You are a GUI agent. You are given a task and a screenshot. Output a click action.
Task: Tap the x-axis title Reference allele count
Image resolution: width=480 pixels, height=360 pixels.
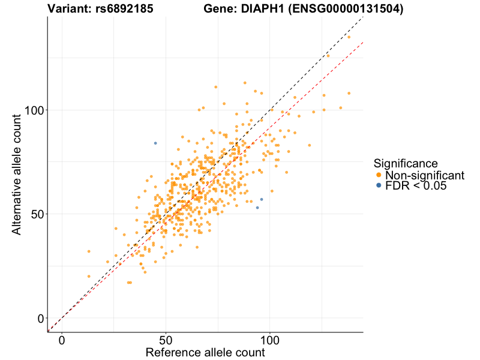click(x=205, y=352)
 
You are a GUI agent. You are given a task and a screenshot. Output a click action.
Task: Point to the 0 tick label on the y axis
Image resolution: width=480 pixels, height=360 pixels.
click(x=41, y=318)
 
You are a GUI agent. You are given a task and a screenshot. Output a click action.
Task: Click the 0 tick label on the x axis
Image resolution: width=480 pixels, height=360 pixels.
click(x=62, y=340)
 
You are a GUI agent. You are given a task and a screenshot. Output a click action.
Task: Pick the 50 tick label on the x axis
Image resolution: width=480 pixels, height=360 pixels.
click(x=166, y=340)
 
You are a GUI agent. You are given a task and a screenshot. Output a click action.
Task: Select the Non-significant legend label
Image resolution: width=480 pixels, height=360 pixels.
click(x=425, y=175)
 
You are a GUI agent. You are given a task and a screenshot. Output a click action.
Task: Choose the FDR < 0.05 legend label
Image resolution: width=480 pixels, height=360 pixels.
click(x=416, y=186)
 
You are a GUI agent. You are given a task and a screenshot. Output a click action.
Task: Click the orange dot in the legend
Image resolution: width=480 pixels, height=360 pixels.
click(x=378, y=175)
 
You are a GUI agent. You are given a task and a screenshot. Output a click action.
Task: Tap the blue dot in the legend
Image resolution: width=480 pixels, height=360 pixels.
click(x=378, y=186)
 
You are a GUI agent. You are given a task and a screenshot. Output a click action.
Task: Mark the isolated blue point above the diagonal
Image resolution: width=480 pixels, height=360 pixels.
click(x=155, y=143)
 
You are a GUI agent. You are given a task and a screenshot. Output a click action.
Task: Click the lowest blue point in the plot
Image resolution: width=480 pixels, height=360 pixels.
click(x=257, y=208)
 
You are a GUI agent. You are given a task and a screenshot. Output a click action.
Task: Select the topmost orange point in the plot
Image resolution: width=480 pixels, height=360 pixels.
click(x=349, y=37)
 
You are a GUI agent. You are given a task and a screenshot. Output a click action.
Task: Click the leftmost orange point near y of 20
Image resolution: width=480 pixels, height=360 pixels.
click(x=89, y=277)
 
